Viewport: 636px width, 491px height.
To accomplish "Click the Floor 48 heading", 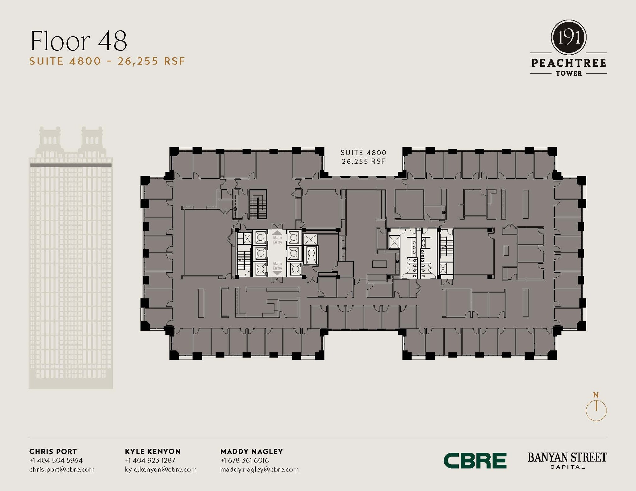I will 79,41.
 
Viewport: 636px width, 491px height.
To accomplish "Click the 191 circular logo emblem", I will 569,38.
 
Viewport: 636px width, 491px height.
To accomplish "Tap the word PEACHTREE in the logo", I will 569,63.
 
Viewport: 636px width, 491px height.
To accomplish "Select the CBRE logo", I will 475,461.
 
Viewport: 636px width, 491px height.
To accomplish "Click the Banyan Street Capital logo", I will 567,461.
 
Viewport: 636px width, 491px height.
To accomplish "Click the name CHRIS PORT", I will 53,451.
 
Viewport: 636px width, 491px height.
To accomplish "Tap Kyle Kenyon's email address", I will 161,469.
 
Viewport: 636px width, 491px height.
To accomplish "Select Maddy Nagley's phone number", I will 244,460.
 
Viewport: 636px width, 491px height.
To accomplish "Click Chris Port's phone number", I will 56,460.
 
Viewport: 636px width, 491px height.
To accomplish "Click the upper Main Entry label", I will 277,239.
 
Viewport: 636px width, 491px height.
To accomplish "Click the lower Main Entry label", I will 277,266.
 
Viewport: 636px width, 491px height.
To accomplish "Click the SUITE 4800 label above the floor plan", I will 363,153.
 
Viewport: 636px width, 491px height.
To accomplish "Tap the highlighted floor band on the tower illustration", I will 71,165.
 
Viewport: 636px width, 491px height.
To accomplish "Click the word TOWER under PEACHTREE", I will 569,74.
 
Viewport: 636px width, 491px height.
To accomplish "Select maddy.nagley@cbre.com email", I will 259,469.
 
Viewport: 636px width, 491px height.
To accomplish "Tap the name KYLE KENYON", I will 153,451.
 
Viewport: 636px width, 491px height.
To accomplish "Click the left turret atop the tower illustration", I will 50,138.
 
